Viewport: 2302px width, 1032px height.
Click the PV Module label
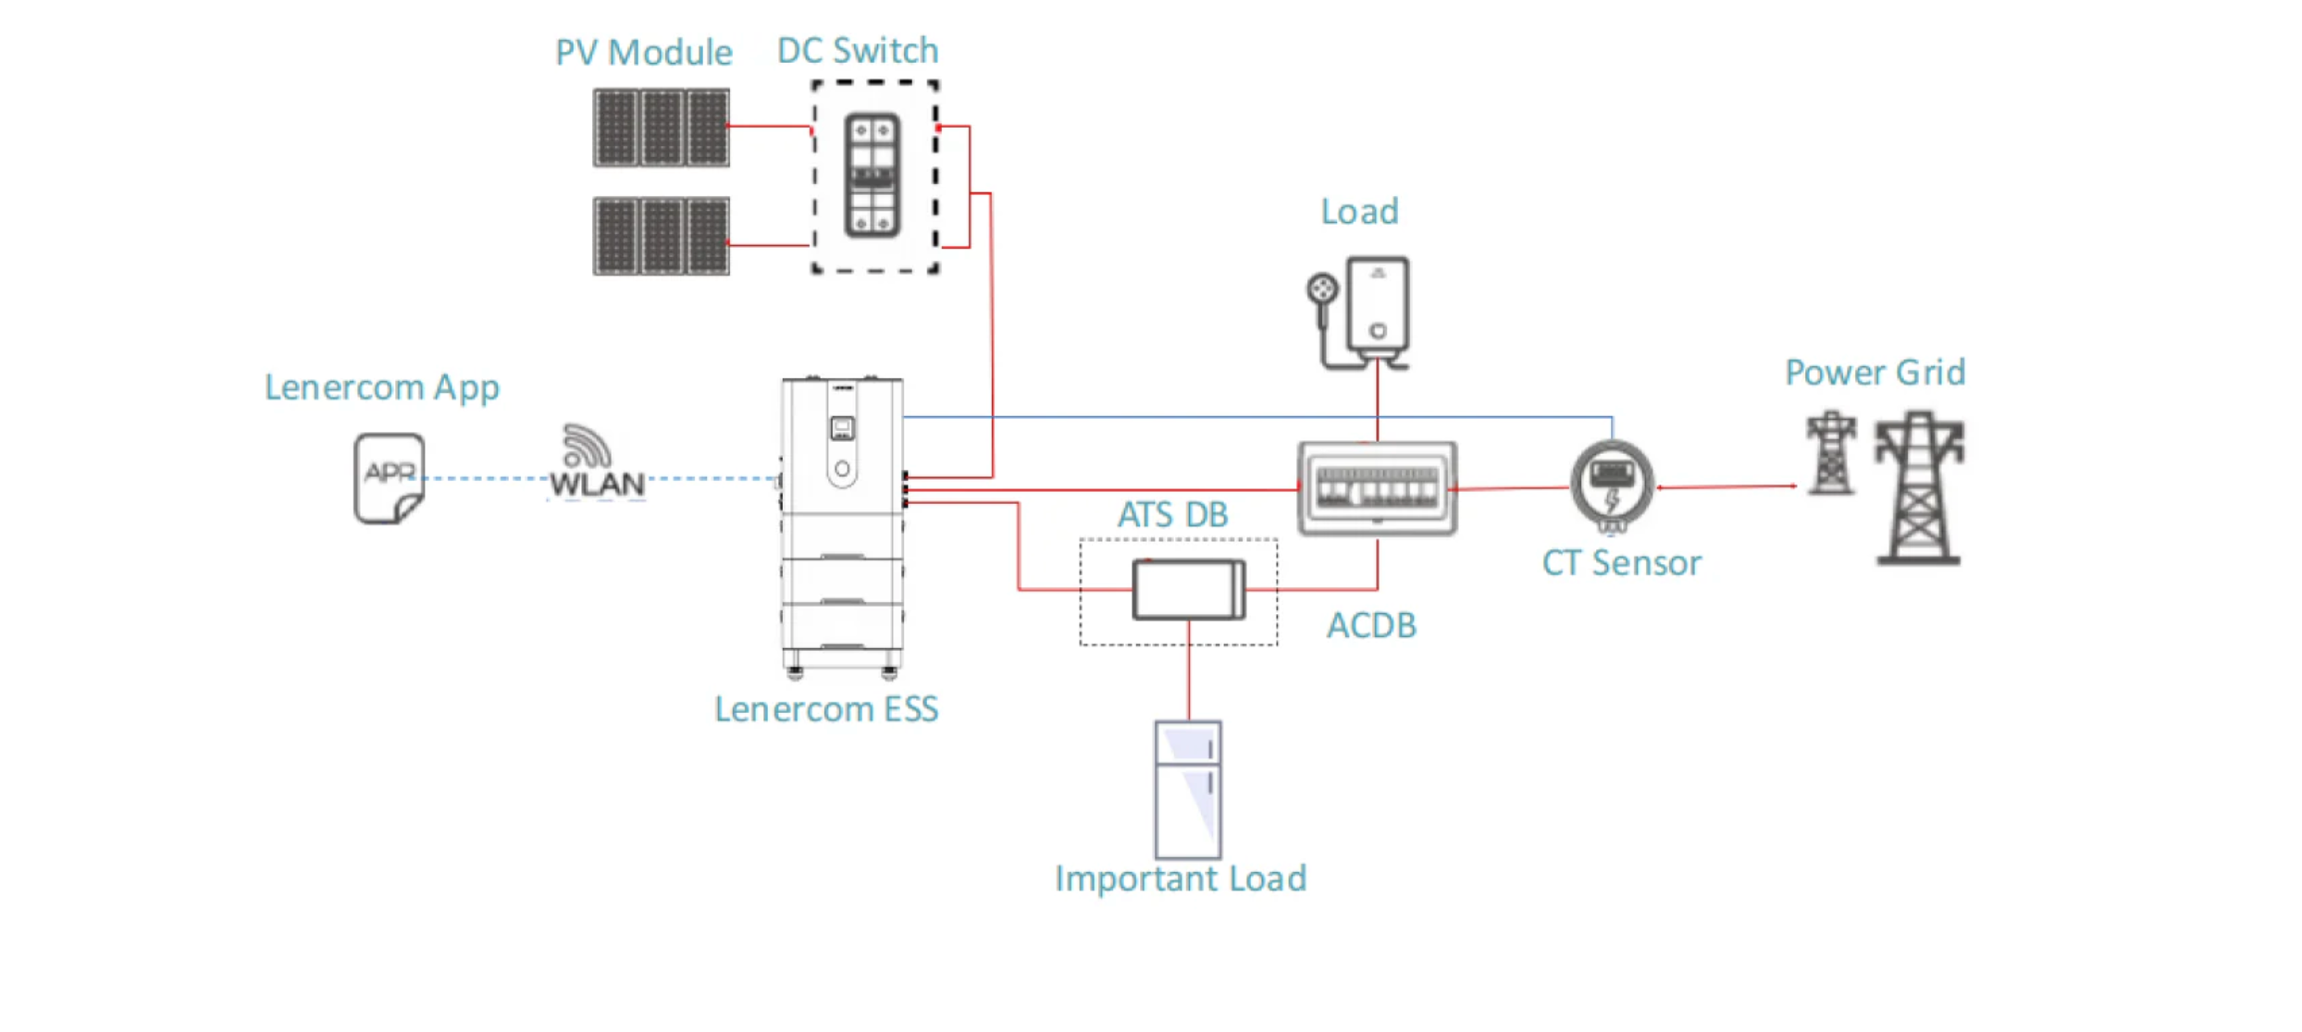(643, 53)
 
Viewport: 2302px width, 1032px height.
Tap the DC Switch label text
(858, 51)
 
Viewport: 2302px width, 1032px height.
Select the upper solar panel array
(662, 128)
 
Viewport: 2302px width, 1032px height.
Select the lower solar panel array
(662, 236)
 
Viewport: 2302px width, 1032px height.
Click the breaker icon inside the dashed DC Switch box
(873, 176)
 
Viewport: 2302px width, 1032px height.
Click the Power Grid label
(1875, 373)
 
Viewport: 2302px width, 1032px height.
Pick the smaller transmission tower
(1831, 453)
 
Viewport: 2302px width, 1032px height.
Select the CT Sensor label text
(1621, 563)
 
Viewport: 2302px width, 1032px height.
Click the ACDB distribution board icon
(1377, 487)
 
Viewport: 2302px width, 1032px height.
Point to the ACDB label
(1371, 626)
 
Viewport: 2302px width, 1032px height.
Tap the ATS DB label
(1172, 515)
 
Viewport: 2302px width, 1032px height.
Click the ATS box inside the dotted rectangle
(1189, 590)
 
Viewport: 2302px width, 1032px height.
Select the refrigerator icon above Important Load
(1188, 790)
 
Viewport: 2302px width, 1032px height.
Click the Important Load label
(1181, 878)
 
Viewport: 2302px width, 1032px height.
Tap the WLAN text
(597, 484)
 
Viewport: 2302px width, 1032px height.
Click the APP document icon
(390, 478)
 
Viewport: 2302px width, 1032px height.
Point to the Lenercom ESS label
(826, 709)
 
